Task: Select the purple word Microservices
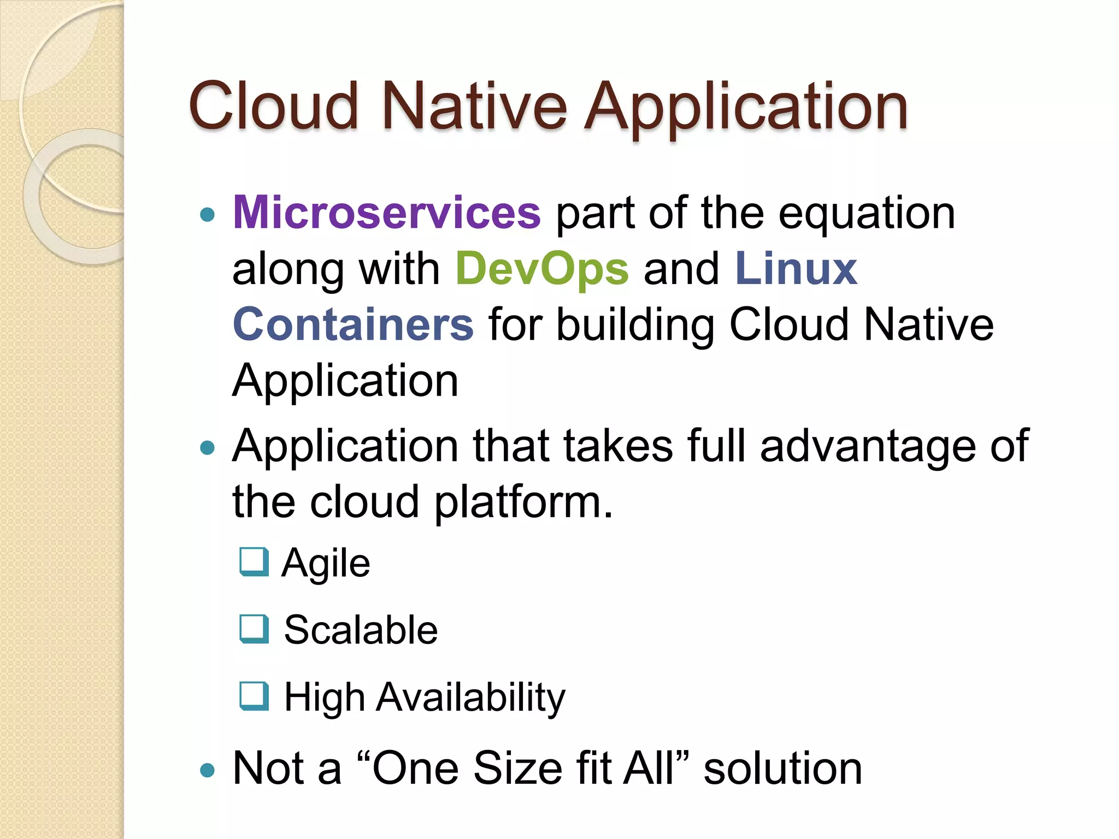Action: point(387,212)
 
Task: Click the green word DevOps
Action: point(542,269)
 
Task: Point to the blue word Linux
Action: point(796,269)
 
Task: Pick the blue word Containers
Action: point(353,324)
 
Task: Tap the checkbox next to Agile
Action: point(254,562)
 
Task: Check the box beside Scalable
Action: point(254,629)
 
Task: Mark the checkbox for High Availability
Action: point(254,696)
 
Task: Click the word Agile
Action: point(326,564)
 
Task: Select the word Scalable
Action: point(361,630)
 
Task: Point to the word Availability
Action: point(470,698)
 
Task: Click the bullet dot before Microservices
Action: point(207,215)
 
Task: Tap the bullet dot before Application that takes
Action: point(207,448)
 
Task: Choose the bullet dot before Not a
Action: point(207,771)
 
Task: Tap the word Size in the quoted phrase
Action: point(517,768)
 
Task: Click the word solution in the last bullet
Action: point(782,768)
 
